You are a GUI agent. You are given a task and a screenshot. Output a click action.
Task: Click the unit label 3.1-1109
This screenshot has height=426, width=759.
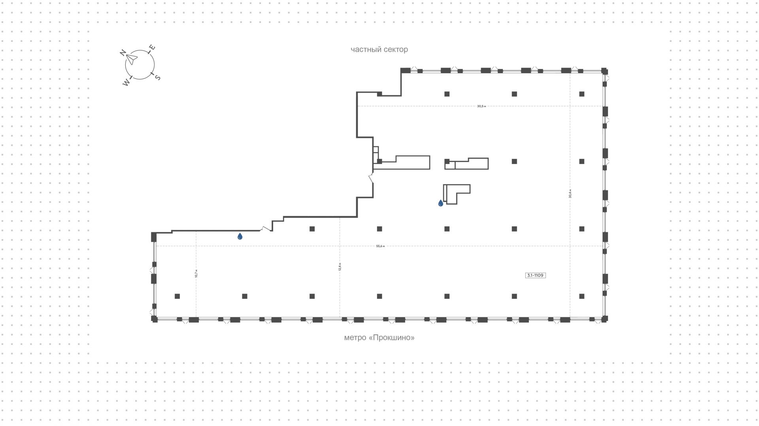(535, 275)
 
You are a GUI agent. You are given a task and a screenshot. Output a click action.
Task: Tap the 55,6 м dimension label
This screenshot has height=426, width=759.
(380, 246)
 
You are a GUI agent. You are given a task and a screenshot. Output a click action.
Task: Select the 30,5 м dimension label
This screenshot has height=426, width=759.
(481, 106)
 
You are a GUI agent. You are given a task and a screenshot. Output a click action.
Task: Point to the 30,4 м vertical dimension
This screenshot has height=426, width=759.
(570, 194)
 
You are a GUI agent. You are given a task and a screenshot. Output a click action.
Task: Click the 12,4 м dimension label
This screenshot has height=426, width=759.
(340, 267)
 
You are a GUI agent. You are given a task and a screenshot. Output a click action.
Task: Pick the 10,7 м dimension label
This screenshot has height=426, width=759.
(196, 273)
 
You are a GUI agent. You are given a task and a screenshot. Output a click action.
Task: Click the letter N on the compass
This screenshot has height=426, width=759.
(123, 53)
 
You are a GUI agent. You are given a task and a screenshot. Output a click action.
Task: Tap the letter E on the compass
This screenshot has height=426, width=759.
(152, 48)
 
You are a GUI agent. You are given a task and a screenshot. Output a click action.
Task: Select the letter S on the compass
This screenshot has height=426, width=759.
(157, 77)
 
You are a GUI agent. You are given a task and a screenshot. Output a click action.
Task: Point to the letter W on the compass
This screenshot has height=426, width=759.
(126, 83)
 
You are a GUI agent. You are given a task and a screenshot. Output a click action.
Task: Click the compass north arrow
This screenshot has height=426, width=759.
(132, 59)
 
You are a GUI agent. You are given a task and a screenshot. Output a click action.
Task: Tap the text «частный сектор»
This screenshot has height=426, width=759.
(379, 49)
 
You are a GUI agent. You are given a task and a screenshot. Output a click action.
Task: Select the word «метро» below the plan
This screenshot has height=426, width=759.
(355, 338)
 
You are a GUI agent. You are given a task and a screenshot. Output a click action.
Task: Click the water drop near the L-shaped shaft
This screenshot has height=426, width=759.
(440, 203)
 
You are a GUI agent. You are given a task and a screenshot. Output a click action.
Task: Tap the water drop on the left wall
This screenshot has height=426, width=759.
(240, 236)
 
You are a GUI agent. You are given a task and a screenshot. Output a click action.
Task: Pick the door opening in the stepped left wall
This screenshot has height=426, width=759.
(371, 179)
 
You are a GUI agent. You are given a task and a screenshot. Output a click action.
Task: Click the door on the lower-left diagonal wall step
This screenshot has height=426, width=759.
(266, 228)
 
